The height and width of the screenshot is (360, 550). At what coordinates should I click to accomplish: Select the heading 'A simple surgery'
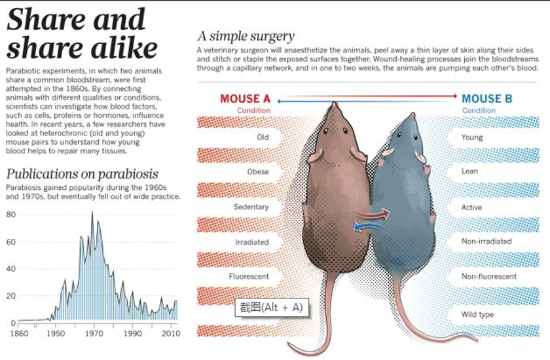(x=246, y=36)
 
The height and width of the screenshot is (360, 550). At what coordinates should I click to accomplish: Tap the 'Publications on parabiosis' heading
(x=82, y=173)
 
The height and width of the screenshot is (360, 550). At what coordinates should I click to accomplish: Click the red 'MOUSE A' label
(x=245, y=99)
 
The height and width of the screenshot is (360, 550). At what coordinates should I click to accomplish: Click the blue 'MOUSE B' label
(x=487, y=99)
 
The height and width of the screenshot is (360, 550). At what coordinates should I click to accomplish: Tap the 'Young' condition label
(x=472, y=137)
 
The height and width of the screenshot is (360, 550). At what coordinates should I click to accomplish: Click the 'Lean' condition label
(x=470, y=171)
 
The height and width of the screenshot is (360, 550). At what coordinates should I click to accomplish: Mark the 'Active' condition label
(x=471, y=207)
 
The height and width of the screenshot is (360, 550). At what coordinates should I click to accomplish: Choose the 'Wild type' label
(x=477, y=314)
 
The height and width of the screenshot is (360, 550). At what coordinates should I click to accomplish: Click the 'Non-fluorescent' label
(x=489, y=276)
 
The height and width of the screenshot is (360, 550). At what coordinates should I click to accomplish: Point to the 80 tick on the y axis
(x=10, y=214)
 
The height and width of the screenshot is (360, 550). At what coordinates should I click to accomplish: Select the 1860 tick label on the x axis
(x=20, y=333)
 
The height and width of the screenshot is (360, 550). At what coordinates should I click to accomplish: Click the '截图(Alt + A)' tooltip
(x=271, y=307)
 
